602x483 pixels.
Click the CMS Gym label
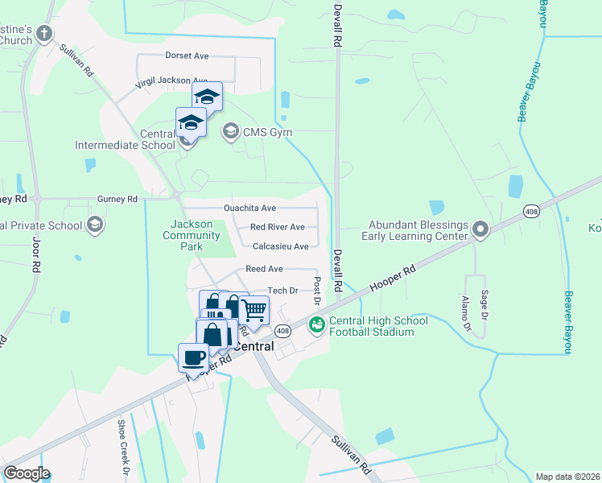(268, 132)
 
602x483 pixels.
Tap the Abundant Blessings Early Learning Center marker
(480, 230)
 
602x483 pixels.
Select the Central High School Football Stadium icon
(316, 324)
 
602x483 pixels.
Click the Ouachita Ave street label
(249, 208)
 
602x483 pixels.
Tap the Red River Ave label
(278, 227)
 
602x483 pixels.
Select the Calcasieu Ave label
(280, 246)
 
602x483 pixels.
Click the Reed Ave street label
(265, 268)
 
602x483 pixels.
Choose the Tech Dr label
(282, 291)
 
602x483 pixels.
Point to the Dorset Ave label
(187, 56)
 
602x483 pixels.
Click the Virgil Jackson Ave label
(172, 80)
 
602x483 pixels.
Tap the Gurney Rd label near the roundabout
(117, 199)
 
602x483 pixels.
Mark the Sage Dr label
(484, 302)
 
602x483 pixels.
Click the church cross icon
(44, 34)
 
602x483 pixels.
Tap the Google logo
(27, 473)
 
